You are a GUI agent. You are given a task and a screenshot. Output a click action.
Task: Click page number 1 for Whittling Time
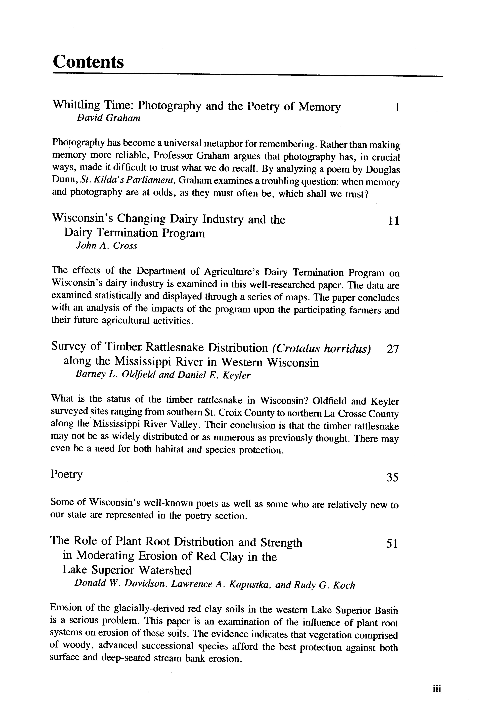pos(397,108)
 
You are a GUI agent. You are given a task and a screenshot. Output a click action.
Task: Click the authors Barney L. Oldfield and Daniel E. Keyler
pos(163,375)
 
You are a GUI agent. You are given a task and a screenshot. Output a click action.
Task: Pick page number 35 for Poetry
pos(392,477)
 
